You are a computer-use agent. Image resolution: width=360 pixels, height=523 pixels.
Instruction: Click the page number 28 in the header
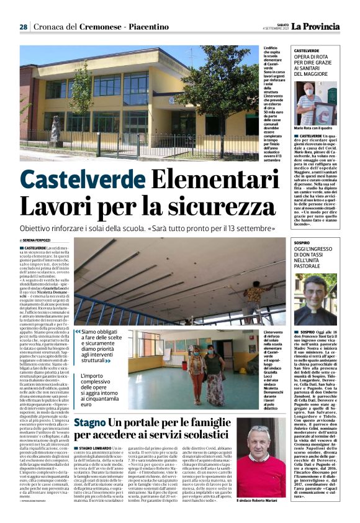[23, 27]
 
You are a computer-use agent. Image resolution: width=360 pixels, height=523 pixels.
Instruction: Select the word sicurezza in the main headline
[192, 206]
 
